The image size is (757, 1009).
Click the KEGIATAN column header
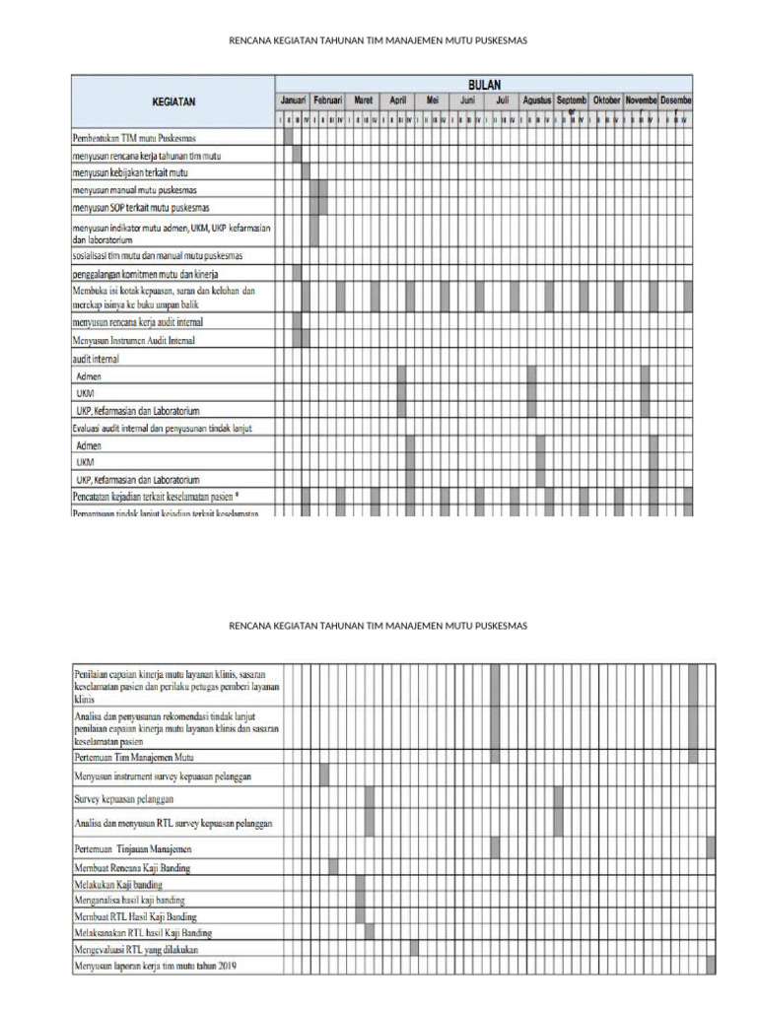click(172, 101)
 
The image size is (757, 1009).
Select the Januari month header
click(293, 101)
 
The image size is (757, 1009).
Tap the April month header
click(397, 101)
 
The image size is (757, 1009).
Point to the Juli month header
click(502, 101)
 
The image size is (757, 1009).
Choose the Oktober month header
click(607, 101)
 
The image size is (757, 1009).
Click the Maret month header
click(363, 101)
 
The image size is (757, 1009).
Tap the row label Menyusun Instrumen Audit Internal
click(133, 340)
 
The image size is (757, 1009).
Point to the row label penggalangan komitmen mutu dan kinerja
click(145, 273)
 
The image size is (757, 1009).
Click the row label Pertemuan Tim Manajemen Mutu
click(134, 758)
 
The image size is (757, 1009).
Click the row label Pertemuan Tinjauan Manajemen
click(133, 848)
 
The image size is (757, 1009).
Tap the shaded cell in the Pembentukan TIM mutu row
click(288, 138)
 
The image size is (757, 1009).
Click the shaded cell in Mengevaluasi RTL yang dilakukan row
click(414, 949)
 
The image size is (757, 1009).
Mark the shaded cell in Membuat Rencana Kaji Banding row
click(333, 867)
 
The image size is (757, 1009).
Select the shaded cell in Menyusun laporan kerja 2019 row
click(711, 966)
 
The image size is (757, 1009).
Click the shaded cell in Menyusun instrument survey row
click(324, 775)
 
